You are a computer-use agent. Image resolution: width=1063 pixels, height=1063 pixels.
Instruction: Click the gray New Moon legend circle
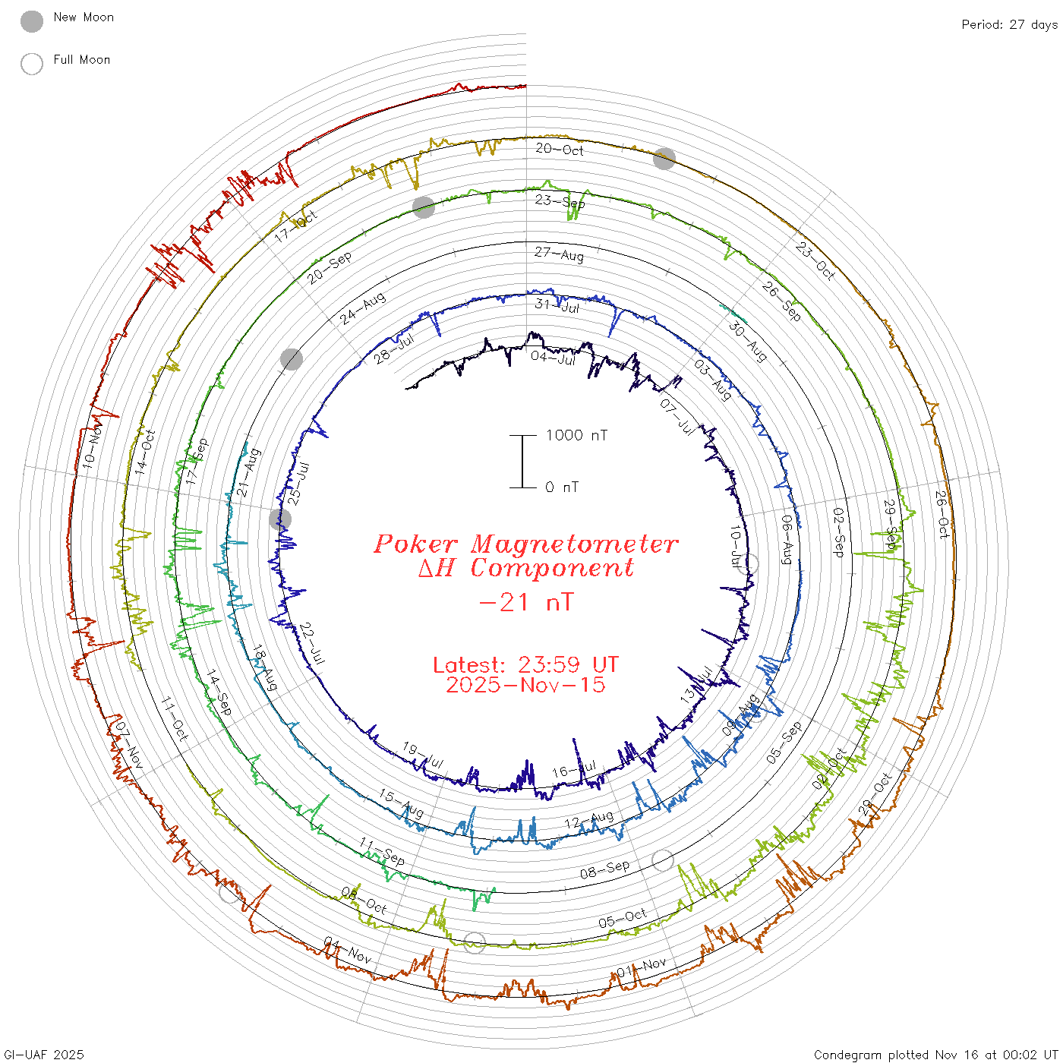pyautogui.click(x=32, y=21)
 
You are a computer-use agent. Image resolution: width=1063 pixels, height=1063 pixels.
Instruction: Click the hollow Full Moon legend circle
pyautogui.click(x=32, y=64)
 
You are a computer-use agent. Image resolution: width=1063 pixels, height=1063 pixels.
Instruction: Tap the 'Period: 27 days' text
pyautogui.click(x=1009, y=24)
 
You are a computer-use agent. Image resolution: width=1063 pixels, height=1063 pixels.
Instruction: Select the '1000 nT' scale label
pyautogui.click(x=576, y=435)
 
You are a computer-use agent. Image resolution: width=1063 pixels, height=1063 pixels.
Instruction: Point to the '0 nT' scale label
pyautogui.click(x=562, y=487)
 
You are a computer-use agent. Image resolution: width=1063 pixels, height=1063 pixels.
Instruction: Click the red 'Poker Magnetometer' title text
pyautogui.click(x=525, y=544)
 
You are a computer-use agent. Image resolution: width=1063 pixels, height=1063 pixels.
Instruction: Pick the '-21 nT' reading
pyautogui.click(x=526, y=602)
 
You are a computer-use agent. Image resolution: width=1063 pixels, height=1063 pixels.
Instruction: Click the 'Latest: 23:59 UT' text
pyautogui.click(x=525, y=665)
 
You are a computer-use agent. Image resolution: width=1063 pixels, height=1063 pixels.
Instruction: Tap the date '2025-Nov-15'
pyautogui.click(x=525, y=685)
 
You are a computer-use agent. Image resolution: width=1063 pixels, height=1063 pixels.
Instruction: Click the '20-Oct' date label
pyautogui.click(x=560, y=150)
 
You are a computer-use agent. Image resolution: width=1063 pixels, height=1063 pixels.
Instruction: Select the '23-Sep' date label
pyautogui.click(x=560, y=201)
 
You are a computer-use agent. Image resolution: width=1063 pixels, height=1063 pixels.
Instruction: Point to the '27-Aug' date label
pyautogui.click(x=559, y=254)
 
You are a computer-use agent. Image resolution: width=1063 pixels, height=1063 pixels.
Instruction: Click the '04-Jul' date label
pyautogui.click(x=554, y=357)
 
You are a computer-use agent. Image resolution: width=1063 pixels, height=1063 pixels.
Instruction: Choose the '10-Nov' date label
pyautogui.click(x=92, y=447)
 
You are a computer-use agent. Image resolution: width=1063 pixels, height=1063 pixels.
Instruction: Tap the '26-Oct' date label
pyautogui.click(x=942, y=515)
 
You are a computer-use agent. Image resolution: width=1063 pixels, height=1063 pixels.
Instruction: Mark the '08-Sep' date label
pyautogui.click(x=604, y=869)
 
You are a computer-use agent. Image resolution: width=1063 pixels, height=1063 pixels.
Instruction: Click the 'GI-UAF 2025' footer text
pyautogui.click(x=44, y=1055)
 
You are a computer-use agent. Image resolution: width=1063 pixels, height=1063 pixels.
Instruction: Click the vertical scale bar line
pyautogui.click(x=522, y=462)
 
